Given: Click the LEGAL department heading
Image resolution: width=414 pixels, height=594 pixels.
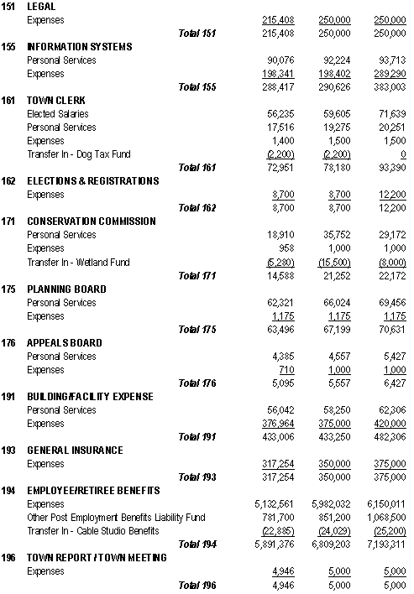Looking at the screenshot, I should (42, 6).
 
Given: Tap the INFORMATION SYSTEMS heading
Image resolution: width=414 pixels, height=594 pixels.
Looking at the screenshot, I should (79, 46).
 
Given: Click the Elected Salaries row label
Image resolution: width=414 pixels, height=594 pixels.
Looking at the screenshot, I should (57, 114).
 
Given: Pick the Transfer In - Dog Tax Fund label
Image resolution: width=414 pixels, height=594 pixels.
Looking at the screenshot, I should (78, 154).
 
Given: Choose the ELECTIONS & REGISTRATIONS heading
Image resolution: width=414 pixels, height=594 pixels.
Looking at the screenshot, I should (92, 181).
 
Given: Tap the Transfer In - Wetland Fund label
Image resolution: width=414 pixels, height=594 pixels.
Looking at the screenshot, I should (78, 263).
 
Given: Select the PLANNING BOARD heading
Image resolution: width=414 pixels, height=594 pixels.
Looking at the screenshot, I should (66, 289).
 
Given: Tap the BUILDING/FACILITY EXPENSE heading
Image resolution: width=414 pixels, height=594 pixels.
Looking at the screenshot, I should (91, 397).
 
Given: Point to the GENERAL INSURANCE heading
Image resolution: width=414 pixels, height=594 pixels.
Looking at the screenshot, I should (75, 451).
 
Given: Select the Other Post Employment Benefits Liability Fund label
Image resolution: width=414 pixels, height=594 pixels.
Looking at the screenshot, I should (116, 518).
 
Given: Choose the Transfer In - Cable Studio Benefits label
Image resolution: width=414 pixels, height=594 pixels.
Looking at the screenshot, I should (92, 531).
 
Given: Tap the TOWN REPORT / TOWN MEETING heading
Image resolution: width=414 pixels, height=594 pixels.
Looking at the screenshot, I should (97, 558).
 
